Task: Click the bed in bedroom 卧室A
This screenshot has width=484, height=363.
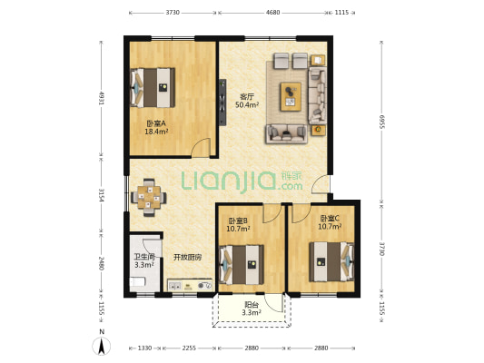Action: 154,87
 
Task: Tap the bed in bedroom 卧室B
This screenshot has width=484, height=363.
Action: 242,266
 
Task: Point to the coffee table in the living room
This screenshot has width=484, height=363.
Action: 291,95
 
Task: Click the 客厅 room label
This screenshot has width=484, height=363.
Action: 246,96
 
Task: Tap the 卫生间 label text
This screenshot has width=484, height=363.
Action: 144,257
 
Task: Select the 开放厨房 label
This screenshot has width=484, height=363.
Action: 188,257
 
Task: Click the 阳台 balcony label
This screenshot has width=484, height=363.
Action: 252,304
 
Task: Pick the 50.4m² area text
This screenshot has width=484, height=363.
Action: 247,105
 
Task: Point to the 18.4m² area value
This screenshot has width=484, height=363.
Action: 156,132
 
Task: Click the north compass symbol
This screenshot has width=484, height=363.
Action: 103,345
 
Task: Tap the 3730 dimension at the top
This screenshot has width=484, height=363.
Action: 173,13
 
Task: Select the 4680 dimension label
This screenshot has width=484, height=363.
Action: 273,13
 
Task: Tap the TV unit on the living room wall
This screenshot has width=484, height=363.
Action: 222,101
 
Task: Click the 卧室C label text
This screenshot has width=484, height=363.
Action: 330,218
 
